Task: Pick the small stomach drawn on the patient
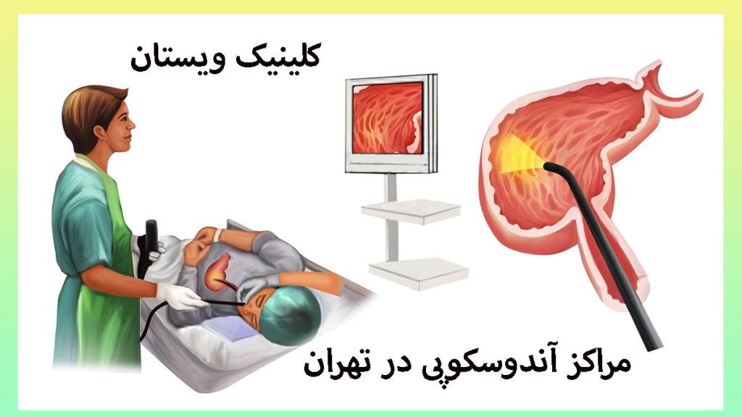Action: tap(218, 269)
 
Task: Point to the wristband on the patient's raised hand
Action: tap(217, 235)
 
